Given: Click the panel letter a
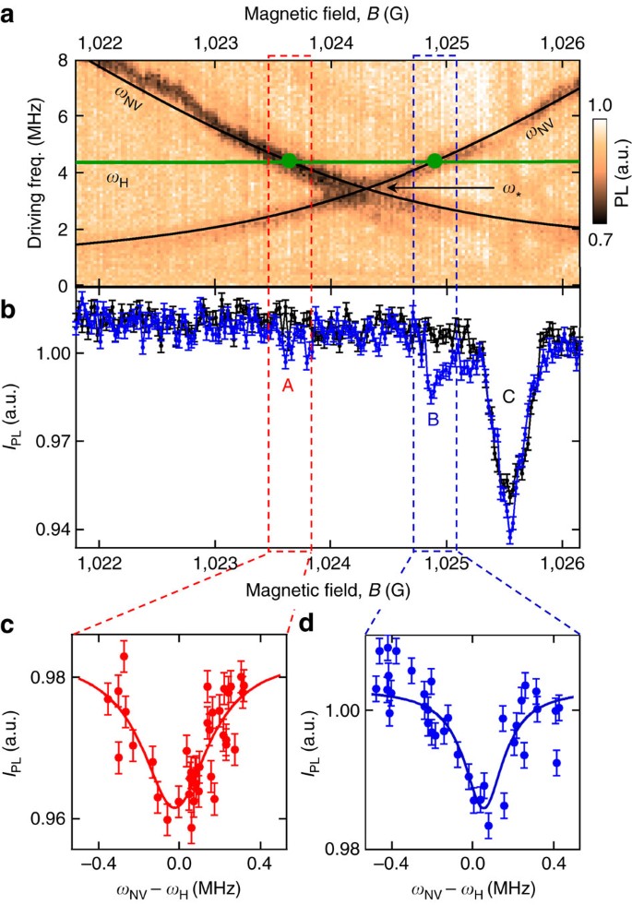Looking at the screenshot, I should (13, 15).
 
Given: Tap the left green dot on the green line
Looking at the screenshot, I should (289, 161).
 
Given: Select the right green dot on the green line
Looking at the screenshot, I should (435, 161).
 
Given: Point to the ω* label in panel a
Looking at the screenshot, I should (512, 188).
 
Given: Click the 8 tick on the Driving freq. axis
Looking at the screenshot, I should (63, 60).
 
